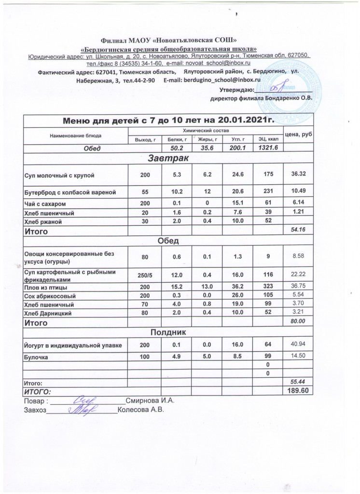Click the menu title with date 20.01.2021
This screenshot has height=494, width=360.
168,120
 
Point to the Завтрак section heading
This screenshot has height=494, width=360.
168,158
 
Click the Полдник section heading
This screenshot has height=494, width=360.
168,332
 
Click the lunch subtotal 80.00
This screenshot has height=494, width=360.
298,321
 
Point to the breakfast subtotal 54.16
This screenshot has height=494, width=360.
298,232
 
